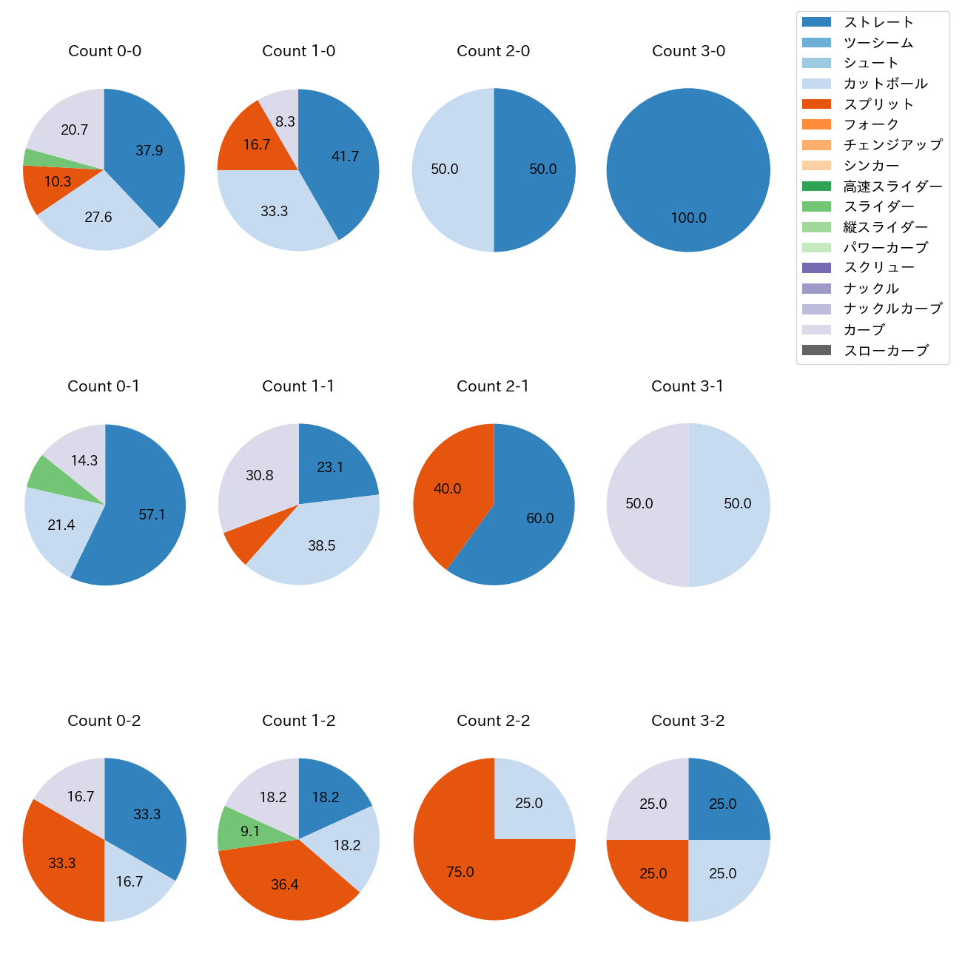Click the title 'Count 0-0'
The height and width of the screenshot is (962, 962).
[104, 51]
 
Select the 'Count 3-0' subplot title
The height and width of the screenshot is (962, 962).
[688, 51]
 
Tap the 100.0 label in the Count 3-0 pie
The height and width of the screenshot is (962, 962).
[688, 218]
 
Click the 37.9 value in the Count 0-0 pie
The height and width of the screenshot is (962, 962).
[149, 151]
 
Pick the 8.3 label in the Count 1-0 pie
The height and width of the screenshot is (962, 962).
[285, 121]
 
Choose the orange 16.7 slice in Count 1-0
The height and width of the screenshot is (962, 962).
[252, 141]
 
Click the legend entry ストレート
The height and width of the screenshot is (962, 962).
[878, 22]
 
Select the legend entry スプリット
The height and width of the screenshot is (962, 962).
[878, 104]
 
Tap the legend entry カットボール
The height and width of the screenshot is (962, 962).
[885, 84]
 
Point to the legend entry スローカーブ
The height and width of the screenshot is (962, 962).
[886, 351]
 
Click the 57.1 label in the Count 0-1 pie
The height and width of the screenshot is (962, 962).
[152, 515]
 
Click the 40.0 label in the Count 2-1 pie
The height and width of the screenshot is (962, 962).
[447, 489]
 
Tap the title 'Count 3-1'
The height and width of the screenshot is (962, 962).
[687, 386]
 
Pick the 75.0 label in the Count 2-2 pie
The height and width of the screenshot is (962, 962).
[460, 872]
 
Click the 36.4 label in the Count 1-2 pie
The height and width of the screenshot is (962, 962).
[284, 885]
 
